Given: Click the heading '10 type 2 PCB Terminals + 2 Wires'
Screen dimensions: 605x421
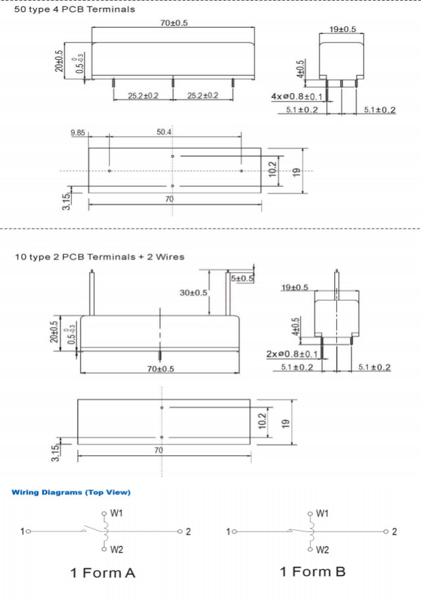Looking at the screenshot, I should click(x=99, y=256).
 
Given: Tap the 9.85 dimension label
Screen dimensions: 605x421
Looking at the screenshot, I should click(x=79, y=133).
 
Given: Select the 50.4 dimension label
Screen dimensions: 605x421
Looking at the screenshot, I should click(x=164, y=133).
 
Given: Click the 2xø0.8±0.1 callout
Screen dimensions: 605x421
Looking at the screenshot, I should click(x=292, y=354).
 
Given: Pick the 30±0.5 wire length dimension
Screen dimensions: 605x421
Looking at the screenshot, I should click(x=193, y=292).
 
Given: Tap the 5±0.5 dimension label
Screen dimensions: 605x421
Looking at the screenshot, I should click(x=242, y=279).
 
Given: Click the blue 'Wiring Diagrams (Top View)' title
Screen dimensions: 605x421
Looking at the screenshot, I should click(x=71, y=492).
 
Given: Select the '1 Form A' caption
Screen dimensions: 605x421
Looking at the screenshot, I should click(x=103, y=573).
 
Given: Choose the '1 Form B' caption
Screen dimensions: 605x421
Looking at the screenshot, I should click(x=312, y=571).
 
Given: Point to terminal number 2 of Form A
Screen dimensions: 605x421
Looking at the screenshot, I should click(x=188, y=531).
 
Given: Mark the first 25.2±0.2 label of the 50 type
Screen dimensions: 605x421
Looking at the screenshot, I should click(x=143, y=96).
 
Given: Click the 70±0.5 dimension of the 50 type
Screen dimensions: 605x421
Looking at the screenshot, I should click(x=174, y=23).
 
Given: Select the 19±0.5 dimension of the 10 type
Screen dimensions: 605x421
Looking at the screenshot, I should click(x=295, y=288).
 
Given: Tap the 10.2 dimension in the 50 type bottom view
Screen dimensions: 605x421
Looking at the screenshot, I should click(x=272, y=169).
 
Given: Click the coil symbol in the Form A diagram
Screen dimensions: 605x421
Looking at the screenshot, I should click(x=104, y=531).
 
